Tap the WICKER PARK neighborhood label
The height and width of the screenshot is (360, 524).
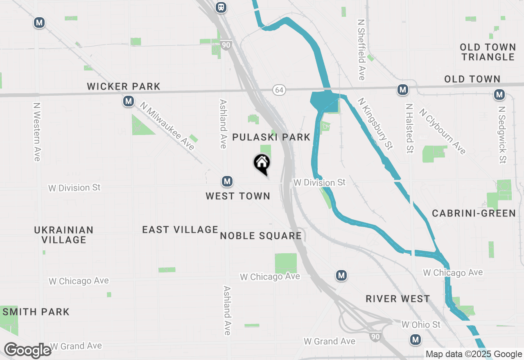(x=124, y=87)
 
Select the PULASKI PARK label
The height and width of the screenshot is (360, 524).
(x=271, y=137)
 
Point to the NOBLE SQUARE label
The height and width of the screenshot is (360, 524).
(x=261, y=236)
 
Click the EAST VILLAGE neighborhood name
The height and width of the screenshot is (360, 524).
(x=180, y=230)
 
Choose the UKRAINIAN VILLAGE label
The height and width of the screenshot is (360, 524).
(x=63, y=235)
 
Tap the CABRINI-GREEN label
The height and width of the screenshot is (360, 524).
(x=474, y=213)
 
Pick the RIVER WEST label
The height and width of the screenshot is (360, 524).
(x=398, y=299)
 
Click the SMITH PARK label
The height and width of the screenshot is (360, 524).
(x=36, y=312)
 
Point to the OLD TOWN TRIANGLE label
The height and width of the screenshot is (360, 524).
(x=487, y=52)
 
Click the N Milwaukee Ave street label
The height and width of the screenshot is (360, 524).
(x=167, y=126)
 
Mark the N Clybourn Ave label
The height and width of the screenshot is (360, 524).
(x=443, y=131)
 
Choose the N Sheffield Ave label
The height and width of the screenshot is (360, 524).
(x=361, y=49)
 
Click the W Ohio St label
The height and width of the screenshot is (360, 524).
(x=421, y=325)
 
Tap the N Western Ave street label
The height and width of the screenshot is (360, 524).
(x=37, y=131)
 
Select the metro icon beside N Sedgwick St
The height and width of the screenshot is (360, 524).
(x=499, y=95)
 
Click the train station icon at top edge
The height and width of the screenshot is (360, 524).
(x=221, y=7)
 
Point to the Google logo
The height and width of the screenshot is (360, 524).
(x=27, y=351)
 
